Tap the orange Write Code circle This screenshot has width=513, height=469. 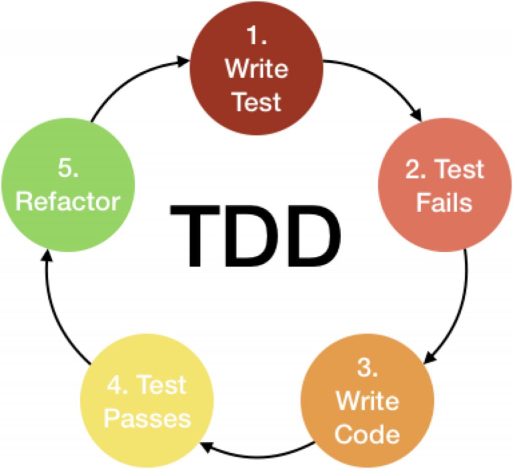367,401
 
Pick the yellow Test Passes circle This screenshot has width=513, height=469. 147,401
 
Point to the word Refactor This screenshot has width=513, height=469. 68,202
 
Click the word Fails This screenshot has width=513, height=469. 444,203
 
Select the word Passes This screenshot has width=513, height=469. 147,418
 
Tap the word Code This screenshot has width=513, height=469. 367,434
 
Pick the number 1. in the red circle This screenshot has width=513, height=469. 256,36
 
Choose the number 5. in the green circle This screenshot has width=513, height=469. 69,169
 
